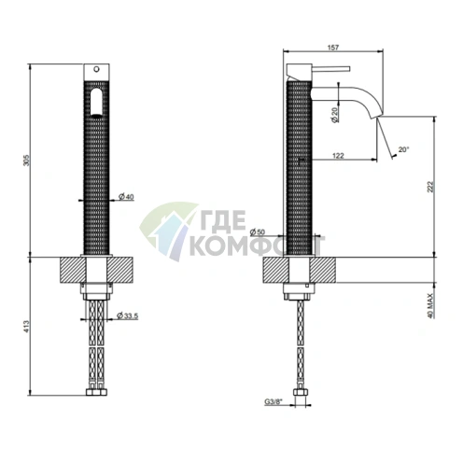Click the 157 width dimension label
pos(333,48)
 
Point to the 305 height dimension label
pos(27,161)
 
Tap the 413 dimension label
pos(27,326)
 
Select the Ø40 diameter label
pos(126,197)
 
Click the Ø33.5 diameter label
pos(127,316)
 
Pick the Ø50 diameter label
pos(258,231)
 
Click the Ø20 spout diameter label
pos(335,115)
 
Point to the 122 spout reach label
pos(338,155)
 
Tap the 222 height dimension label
pos(430,187)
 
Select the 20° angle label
pos(403,149)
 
